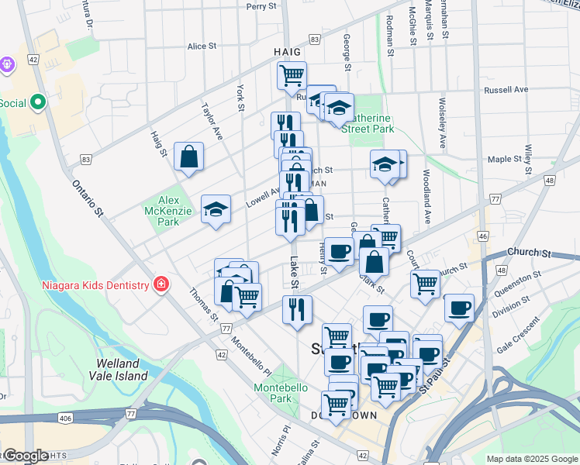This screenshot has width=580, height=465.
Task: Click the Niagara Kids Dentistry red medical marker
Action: (x=160, y=284)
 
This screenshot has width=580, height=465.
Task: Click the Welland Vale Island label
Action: (x=122, y=369)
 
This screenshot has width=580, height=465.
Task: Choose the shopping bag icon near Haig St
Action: (x=189, y=157)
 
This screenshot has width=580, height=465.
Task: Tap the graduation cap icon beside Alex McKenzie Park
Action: (x=216, y=209)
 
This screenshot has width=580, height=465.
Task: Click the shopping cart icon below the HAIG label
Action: (x=292, y=76)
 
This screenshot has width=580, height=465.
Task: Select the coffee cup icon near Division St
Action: (x=460, y=308)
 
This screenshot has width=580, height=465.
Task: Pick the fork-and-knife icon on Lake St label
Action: (x=299, y=309)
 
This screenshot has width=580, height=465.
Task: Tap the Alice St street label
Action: (x=202, y=46)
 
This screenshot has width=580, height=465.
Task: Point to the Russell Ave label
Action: (x=506, y=90)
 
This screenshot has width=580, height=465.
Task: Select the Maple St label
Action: (x=505, y=159)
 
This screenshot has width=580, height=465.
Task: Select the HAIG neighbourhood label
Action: (x=287, y=51)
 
